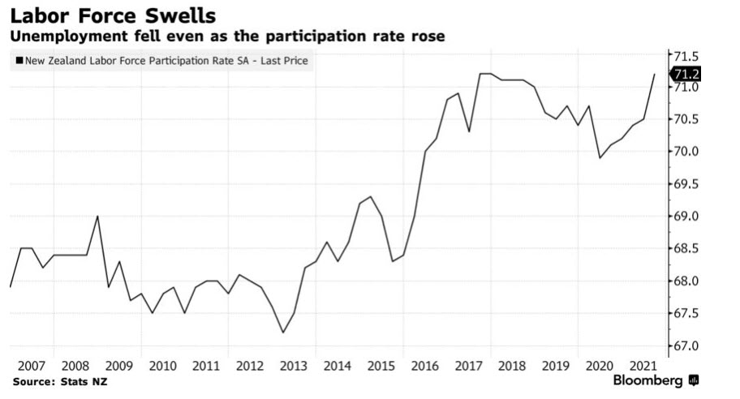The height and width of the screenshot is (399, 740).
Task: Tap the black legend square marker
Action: click(x=17, y=62)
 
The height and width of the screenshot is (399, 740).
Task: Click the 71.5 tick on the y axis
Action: click(x=686, y=56)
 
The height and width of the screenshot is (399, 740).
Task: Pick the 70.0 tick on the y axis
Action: click(x=686, y=152)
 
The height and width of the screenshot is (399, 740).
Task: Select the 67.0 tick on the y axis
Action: click(x=686, y=346)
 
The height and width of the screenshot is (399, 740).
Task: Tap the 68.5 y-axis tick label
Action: click(x=686, y=249)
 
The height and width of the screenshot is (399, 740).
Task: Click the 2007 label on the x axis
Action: click(x=31, y=367)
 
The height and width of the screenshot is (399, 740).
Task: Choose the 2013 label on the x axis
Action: click(x=293, y=367)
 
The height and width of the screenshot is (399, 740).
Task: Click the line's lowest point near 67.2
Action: click(x=282, y=332)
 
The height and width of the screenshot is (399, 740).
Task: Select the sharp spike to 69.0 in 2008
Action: click(x=97, y=216)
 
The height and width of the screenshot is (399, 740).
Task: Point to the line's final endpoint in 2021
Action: click(x=655, y=74)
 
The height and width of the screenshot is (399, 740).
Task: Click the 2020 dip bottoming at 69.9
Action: click(x=600, y=157)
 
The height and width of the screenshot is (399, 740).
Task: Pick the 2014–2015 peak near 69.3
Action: click(x=370, y=196)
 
